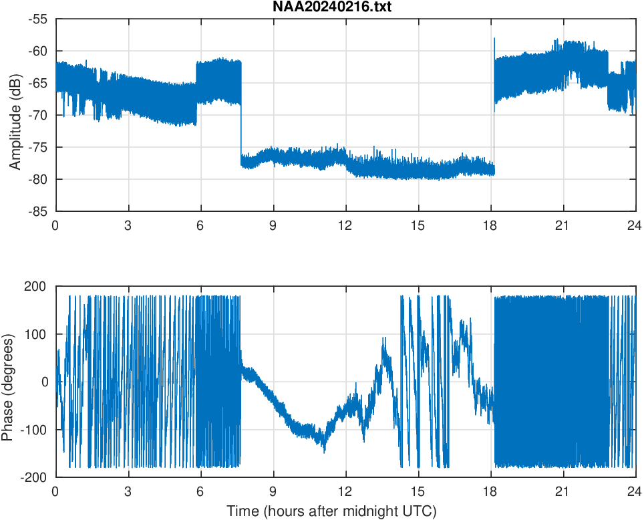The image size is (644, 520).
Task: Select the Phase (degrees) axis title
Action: tap(7, 382)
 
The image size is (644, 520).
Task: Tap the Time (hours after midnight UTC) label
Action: tap(331, 511)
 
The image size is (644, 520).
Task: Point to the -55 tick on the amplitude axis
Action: tap(38, 19)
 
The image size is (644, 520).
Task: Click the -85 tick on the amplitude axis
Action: tap(38, 211)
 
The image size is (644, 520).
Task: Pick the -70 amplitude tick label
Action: tap(38, 115)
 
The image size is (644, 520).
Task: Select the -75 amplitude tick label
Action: tap(38, 147)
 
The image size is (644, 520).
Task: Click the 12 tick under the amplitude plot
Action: tap(345, 225)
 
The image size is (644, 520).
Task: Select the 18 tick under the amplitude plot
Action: tap(490, 225)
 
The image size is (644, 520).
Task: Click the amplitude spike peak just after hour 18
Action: tap(494, 39)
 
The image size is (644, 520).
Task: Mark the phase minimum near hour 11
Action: tap(325, 452)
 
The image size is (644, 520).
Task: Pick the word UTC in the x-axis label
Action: tap(422, 511)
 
